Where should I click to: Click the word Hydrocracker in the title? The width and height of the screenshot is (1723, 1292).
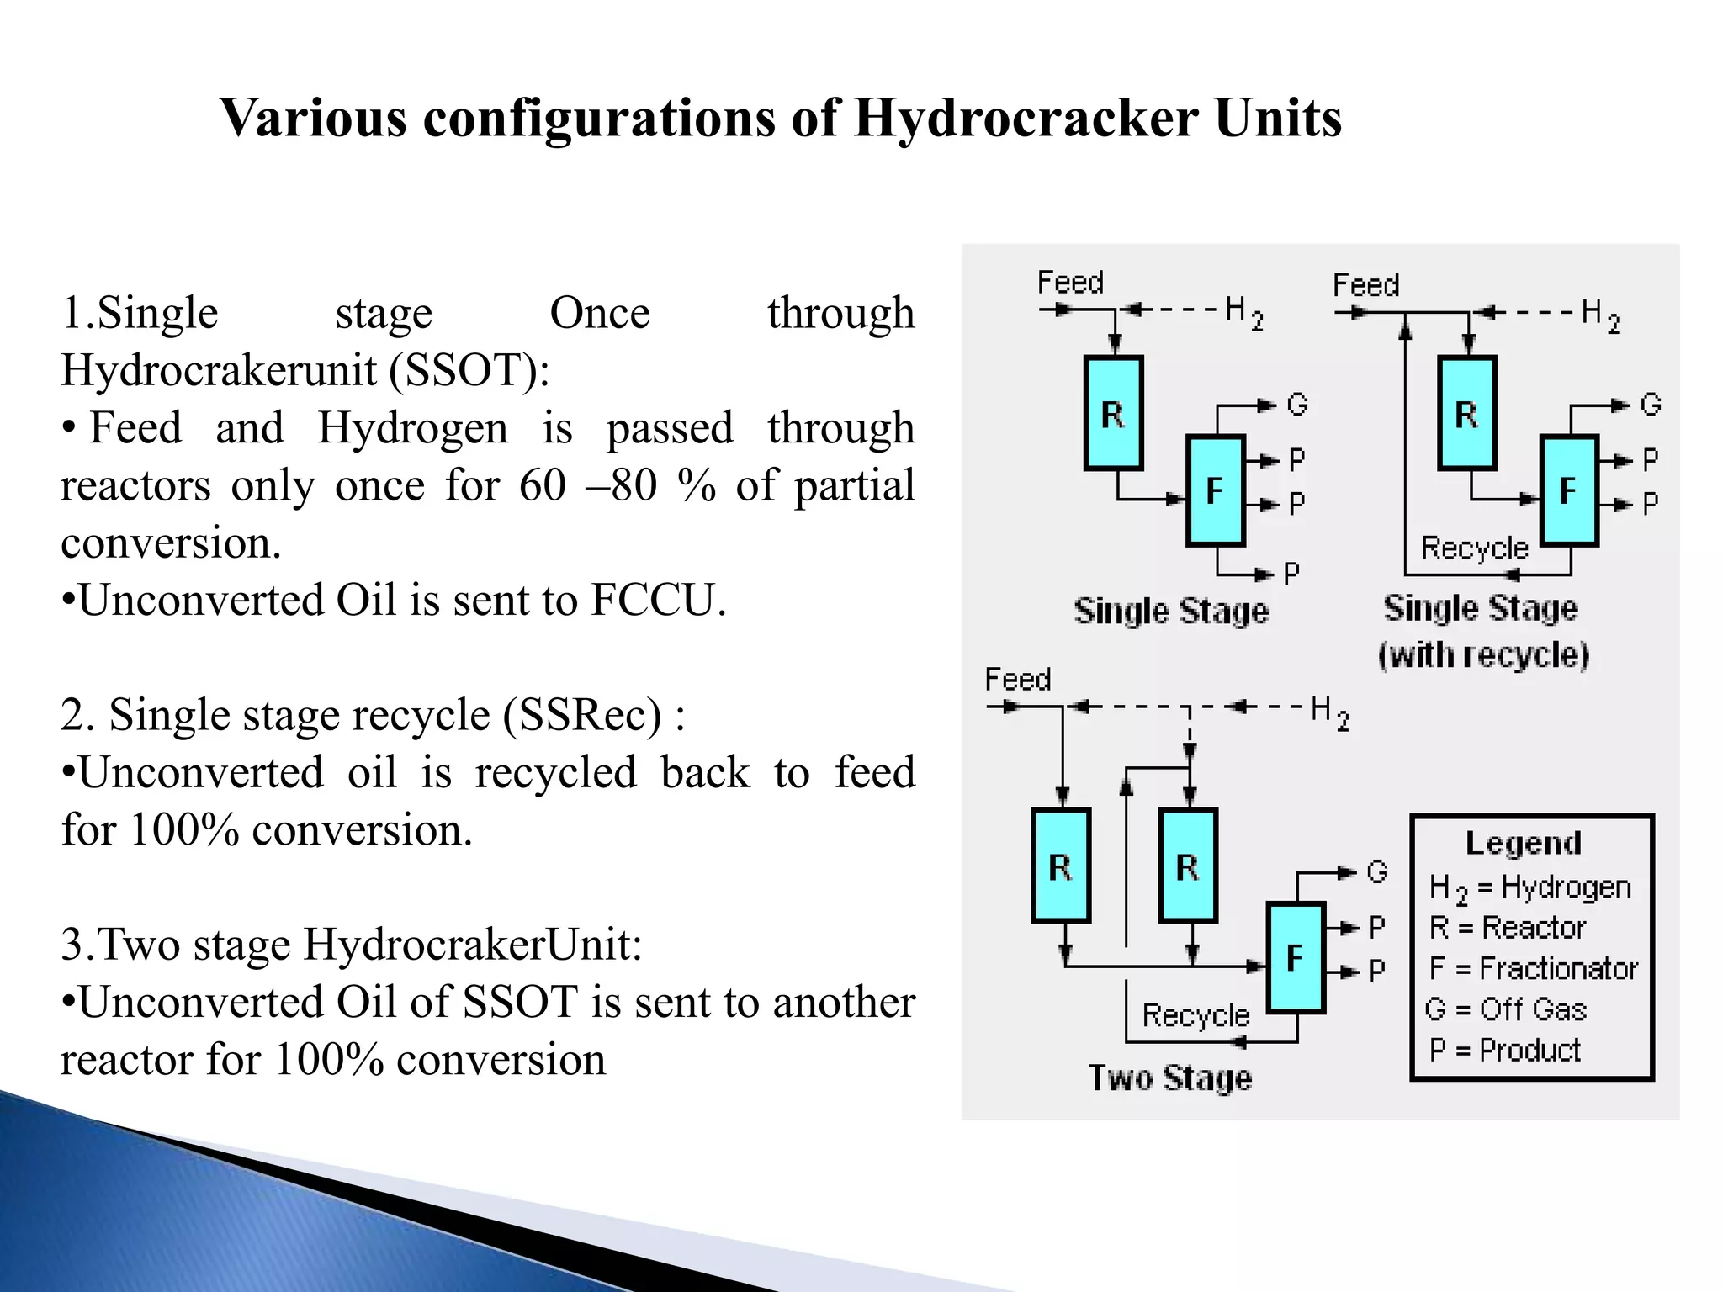coord(1026,118)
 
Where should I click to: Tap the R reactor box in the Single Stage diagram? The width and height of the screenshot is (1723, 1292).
coord(1113,413)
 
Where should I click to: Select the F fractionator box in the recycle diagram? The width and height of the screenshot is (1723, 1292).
coord(1568,490)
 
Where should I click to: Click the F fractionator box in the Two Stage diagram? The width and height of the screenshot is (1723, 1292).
coord(1296,957)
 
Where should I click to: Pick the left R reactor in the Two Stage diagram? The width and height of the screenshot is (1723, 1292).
coord(1061,866)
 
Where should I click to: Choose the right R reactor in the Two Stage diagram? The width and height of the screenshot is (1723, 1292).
coord(1187,866)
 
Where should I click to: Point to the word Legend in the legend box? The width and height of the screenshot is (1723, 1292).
coord(1524,843)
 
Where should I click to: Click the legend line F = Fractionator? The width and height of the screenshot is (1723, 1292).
coord(1533,968)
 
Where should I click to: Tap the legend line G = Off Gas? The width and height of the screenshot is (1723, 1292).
coord(1506,1009)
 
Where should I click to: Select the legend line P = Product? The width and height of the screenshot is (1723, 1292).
coord(1504,1050)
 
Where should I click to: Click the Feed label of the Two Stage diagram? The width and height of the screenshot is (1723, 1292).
coord(1018,679)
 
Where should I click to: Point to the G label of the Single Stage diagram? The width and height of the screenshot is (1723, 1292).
coord(1297,405)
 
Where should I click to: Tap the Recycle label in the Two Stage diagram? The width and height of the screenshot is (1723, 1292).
coord(1195,1015)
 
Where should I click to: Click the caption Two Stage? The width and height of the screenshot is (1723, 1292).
coord(1170,1078)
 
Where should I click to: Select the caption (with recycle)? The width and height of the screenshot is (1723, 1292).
coord(1484,654)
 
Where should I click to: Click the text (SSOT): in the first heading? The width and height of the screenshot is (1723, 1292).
coord(469,370)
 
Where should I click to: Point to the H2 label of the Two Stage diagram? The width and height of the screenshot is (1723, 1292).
coord(1330,712)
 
